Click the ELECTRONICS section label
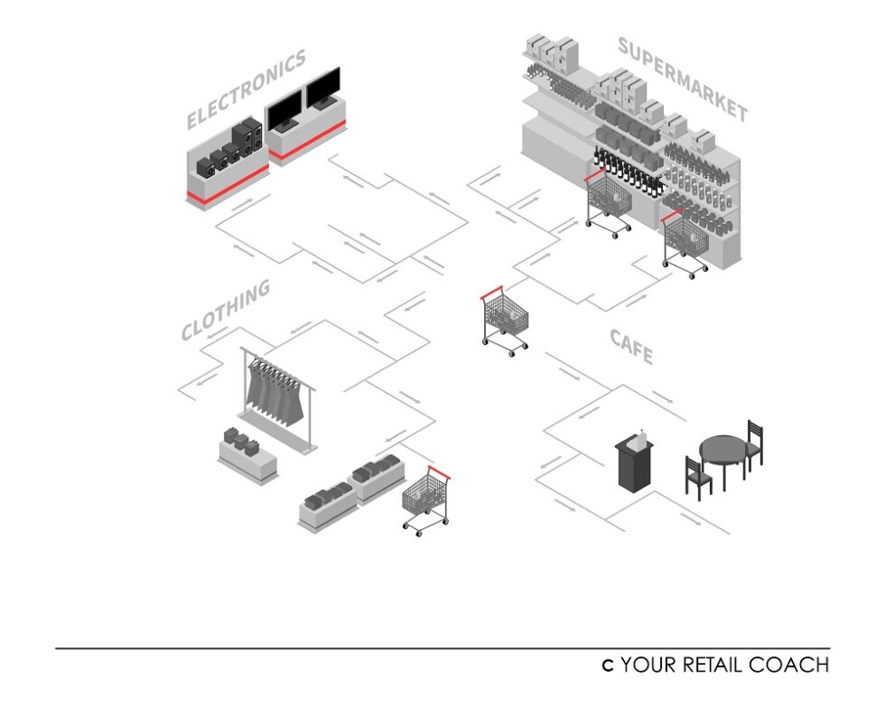[x=246, y=89]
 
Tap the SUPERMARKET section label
[x=683, y=79]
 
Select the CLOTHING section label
[x=226, y=310]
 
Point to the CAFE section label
[x=631, y=346]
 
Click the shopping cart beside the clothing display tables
[x=425, y=500]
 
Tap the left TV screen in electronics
[x=284, y=110]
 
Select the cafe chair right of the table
[x=754, y=442]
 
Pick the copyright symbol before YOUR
[x=609, y=666]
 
